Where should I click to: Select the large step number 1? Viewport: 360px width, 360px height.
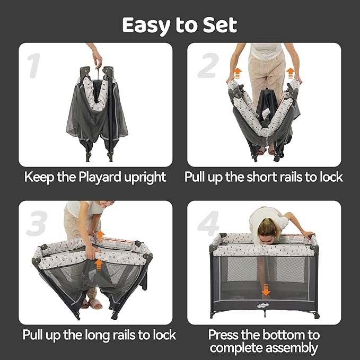(x=34, y=67)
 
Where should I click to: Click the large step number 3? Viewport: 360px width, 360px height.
(x=36, y=225)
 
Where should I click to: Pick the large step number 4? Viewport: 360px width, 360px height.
(x=208, y=225)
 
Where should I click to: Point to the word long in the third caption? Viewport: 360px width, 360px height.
(x=103, y=335)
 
